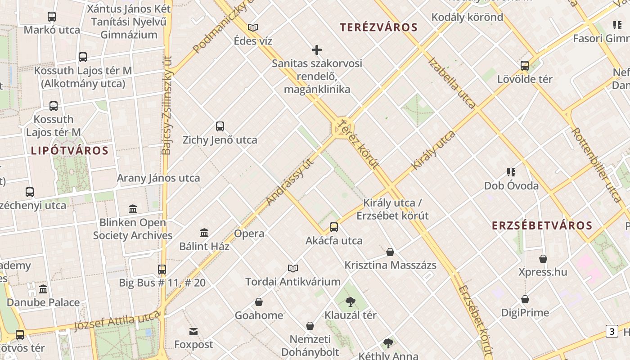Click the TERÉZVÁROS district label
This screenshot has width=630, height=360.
(378, 27)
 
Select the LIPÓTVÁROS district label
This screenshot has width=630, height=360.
(70, 151)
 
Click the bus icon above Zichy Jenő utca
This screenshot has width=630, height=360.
(220, 126)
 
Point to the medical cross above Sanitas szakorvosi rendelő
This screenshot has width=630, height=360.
(317, 50)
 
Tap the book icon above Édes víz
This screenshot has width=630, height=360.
(253, 28)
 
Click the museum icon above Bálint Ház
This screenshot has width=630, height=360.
(204, 233)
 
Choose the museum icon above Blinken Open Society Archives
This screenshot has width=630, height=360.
(133, 209)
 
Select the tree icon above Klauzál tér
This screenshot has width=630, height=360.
(350, 302)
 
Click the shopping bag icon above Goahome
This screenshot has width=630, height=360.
(259, 302)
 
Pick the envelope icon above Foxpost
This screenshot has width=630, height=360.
(193, 332)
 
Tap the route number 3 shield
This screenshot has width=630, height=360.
(612, 332)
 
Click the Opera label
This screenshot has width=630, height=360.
(249, 234)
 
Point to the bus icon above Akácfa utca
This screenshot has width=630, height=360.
(333, 227)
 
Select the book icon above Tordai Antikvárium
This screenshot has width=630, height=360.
(293, 269)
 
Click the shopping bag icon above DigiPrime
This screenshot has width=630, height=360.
(525, 299)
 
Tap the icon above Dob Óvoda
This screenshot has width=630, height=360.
(511, 172)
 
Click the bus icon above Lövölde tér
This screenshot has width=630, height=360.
(524, 66)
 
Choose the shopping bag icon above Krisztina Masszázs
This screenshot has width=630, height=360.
(390, 252)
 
